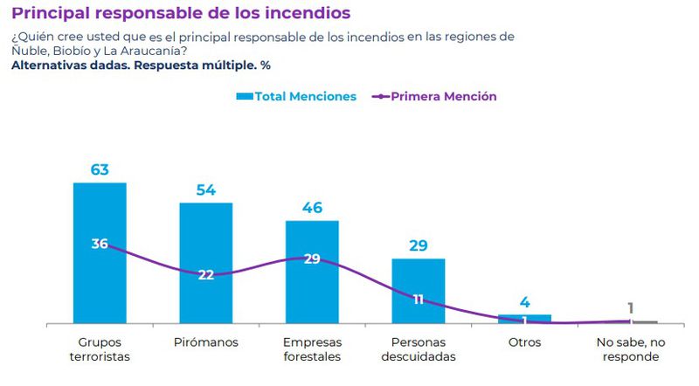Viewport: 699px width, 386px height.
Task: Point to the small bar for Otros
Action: (x=524, y=319)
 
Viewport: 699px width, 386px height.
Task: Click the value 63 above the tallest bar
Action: (x=100, y=169)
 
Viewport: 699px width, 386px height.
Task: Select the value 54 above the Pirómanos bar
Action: (x=206, y=189)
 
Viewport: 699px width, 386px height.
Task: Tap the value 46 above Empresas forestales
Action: (x=312, y=207)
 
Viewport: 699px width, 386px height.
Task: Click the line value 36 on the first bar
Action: (x=100, y=244)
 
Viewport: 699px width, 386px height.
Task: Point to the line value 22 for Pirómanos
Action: (x=206, y=274)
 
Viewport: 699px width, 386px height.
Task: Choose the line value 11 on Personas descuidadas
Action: (x=419, y=299)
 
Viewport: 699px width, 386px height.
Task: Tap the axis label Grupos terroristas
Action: (x=100, y=348)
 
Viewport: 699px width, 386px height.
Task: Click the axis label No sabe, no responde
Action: (x=630, y=348)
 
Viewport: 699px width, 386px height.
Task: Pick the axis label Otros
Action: (x=524, y=341)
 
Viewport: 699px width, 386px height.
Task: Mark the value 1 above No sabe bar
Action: (x=630, y=307)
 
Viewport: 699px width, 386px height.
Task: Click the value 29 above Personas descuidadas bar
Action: (x=419, y=245)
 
